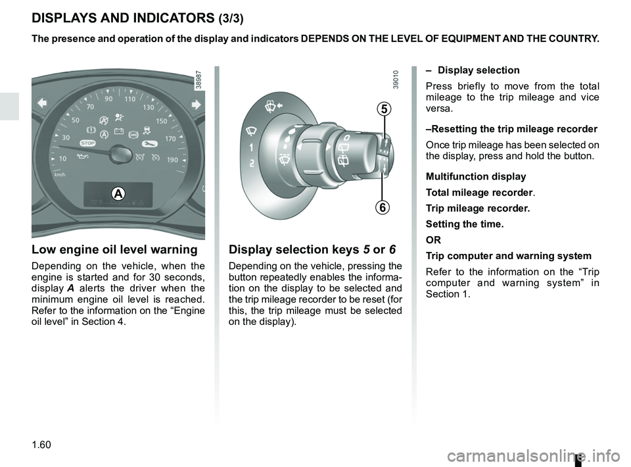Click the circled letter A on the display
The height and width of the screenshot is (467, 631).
[117, 193]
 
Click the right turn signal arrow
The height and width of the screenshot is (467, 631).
[195, 103]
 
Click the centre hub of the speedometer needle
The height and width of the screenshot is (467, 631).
[120, 155]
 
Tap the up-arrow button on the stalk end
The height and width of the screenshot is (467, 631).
[385, 141]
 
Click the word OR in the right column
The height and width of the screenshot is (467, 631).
[433, 239]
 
